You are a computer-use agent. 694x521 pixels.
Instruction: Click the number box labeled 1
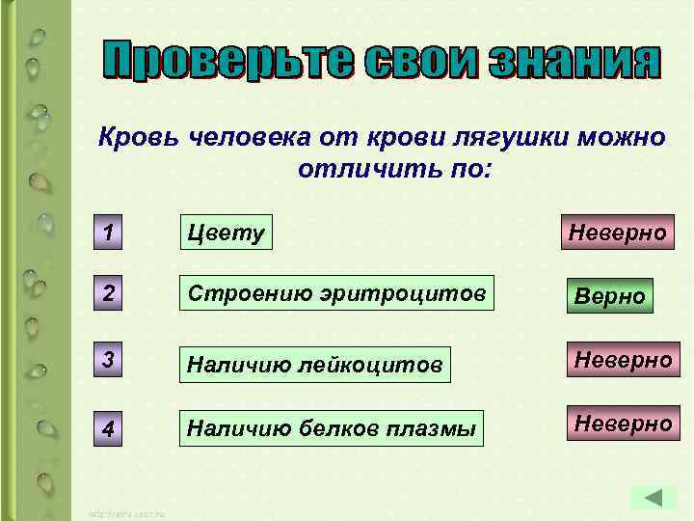[x=111, y=233]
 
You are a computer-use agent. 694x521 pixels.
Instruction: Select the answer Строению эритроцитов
[x=337, y=293]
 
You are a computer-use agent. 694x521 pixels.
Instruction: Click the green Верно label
[x=610, y=295]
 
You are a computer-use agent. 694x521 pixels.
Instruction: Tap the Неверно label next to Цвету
[x=617, y=233]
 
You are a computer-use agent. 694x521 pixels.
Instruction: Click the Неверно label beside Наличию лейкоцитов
[x=623, y=360]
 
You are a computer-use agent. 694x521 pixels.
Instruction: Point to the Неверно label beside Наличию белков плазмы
[x=623, y=423]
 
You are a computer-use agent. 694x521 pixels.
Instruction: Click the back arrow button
[x=654, y=498]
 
